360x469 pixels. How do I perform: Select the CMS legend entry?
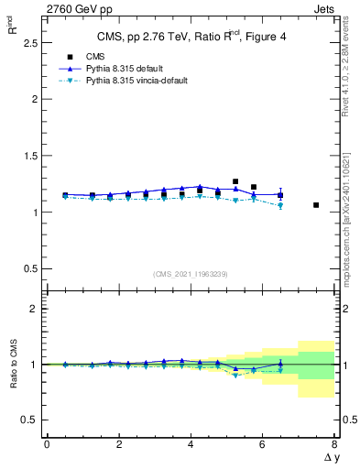(x=83, y=57)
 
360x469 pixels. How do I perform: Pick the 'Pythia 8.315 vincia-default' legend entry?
(x=125, y=81)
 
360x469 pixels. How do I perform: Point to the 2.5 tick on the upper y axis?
(x=29, y=42)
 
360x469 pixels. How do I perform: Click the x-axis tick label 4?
(x=191, y=444)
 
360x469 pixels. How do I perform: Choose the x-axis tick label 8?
(x=334, y=444)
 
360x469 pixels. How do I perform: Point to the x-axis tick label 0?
(x=47, y=444)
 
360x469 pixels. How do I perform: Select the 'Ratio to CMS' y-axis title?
(x=13, y=364)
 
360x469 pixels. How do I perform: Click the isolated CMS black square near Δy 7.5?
(x=316, y=205)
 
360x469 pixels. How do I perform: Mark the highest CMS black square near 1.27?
(x=235, y=181)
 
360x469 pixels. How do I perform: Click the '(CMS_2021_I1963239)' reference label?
(x=190, y=273)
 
